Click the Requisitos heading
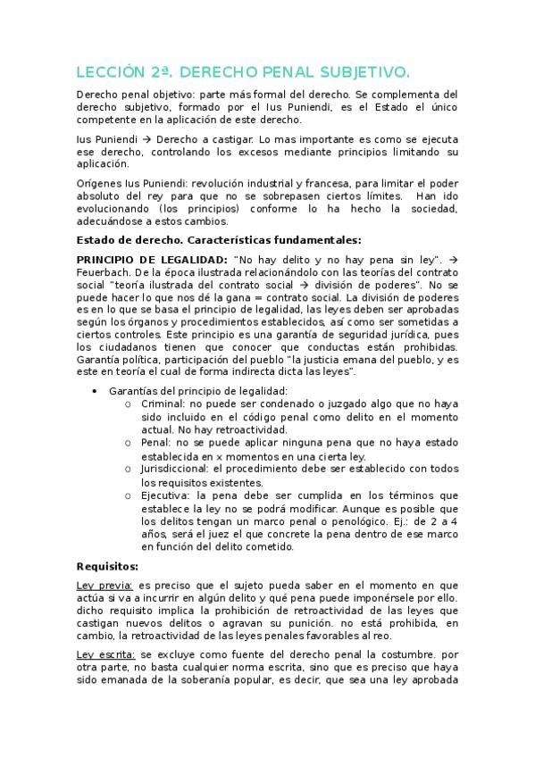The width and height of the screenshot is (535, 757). tap(107, 565)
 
